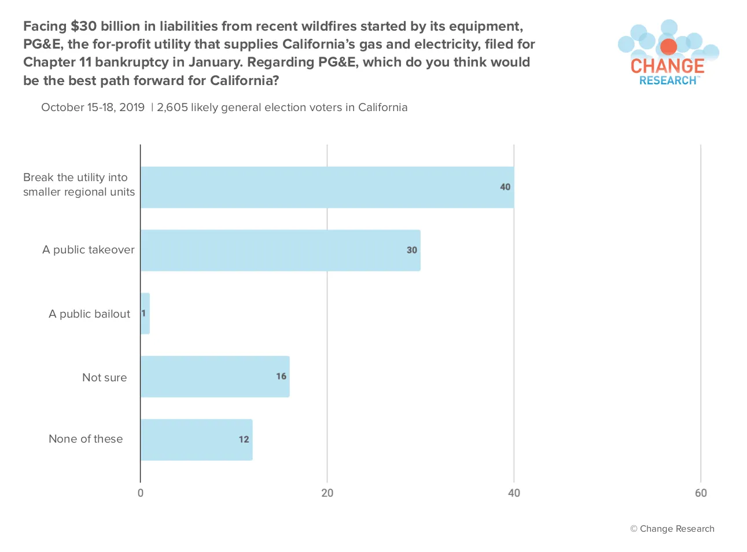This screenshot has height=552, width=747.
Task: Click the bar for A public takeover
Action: [x=281, y=250]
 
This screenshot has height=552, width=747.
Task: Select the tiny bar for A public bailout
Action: [x=145, y=313]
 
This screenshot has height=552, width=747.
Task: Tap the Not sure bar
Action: [x=215, y=377]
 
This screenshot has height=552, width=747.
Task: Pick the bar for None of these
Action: [x=197, y=440]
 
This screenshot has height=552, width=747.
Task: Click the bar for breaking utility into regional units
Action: [x=327, y=187]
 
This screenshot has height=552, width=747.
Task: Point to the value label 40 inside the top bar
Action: [x=505, y=187]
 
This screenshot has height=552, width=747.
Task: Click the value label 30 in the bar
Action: [x=412, y=250]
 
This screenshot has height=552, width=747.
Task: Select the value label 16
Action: [x=281, y=376]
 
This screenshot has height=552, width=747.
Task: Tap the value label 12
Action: [x=244, y=439]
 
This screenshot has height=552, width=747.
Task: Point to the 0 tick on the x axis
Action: [x=141, y=493]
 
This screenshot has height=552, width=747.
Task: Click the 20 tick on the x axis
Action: [x=327, y=493]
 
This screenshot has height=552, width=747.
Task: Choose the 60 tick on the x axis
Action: [x=701, y=493]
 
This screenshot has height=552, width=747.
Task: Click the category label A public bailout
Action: [x=89, y=314]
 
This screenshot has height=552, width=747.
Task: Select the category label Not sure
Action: [x=104, y=377]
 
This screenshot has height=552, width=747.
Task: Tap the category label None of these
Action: [x=86, y=439]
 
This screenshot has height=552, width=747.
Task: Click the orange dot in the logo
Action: [x=668, y=47]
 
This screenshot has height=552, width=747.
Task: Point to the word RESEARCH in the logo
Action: [x=668, y=80]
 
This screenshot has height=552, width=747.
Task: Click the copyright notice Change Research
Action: [x=672, y=529]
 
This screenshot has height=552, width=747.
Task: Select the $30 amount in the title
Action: [x=83, y=26]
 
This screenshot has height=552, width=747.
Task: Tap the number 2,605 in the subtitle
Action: [x=172, y=108]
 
